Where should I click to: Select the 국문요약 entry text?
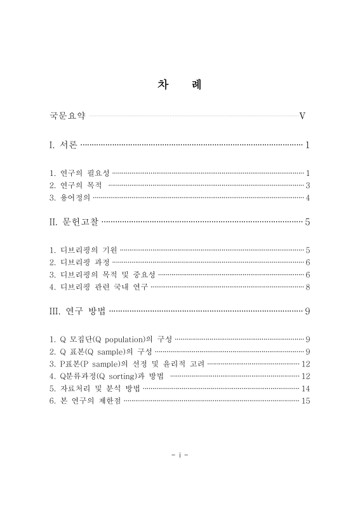(67, 116)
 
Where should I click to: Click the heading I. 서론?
(63, 145)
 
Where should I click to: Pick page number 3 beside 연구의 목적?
(307, 185)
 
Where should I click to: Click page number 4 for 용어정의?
(307, 197)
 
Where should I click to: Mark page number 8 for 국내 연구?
(307, 287)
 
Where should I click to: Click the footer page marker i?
(180, 455)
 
